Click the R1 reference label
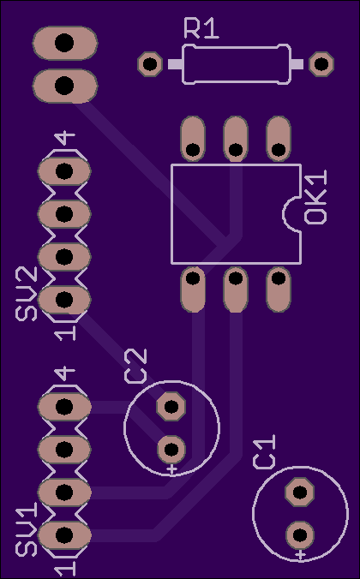(x=201, y=29)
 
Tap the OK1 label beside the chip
(x=315, y=197)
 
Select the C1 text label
(x=265, y=452)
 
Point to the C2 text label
(x=135, y=366)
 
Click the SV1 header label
(x=27, y=530)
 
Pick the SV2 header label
(x=27, y=294)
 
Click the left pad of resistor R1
(x=150, y=64)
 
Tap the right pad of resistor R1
(x=321, y=64)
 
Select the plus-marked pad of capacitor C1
(x=300, y=534)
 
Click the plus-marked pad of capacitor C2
(x=171, y=450)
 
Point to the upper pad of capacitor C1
(x=300, y=492)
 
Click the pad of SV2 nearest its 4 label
(x=64, y=171)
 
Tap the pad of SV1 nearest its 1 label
(x=64, y=534)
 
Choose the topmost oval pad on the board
(x=64, y=43)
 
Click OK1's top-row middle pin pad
(x=236, y=139)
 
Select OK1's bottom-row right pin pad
(x=279, y=289)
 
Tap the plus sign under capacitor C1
(x=301, y=554)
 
